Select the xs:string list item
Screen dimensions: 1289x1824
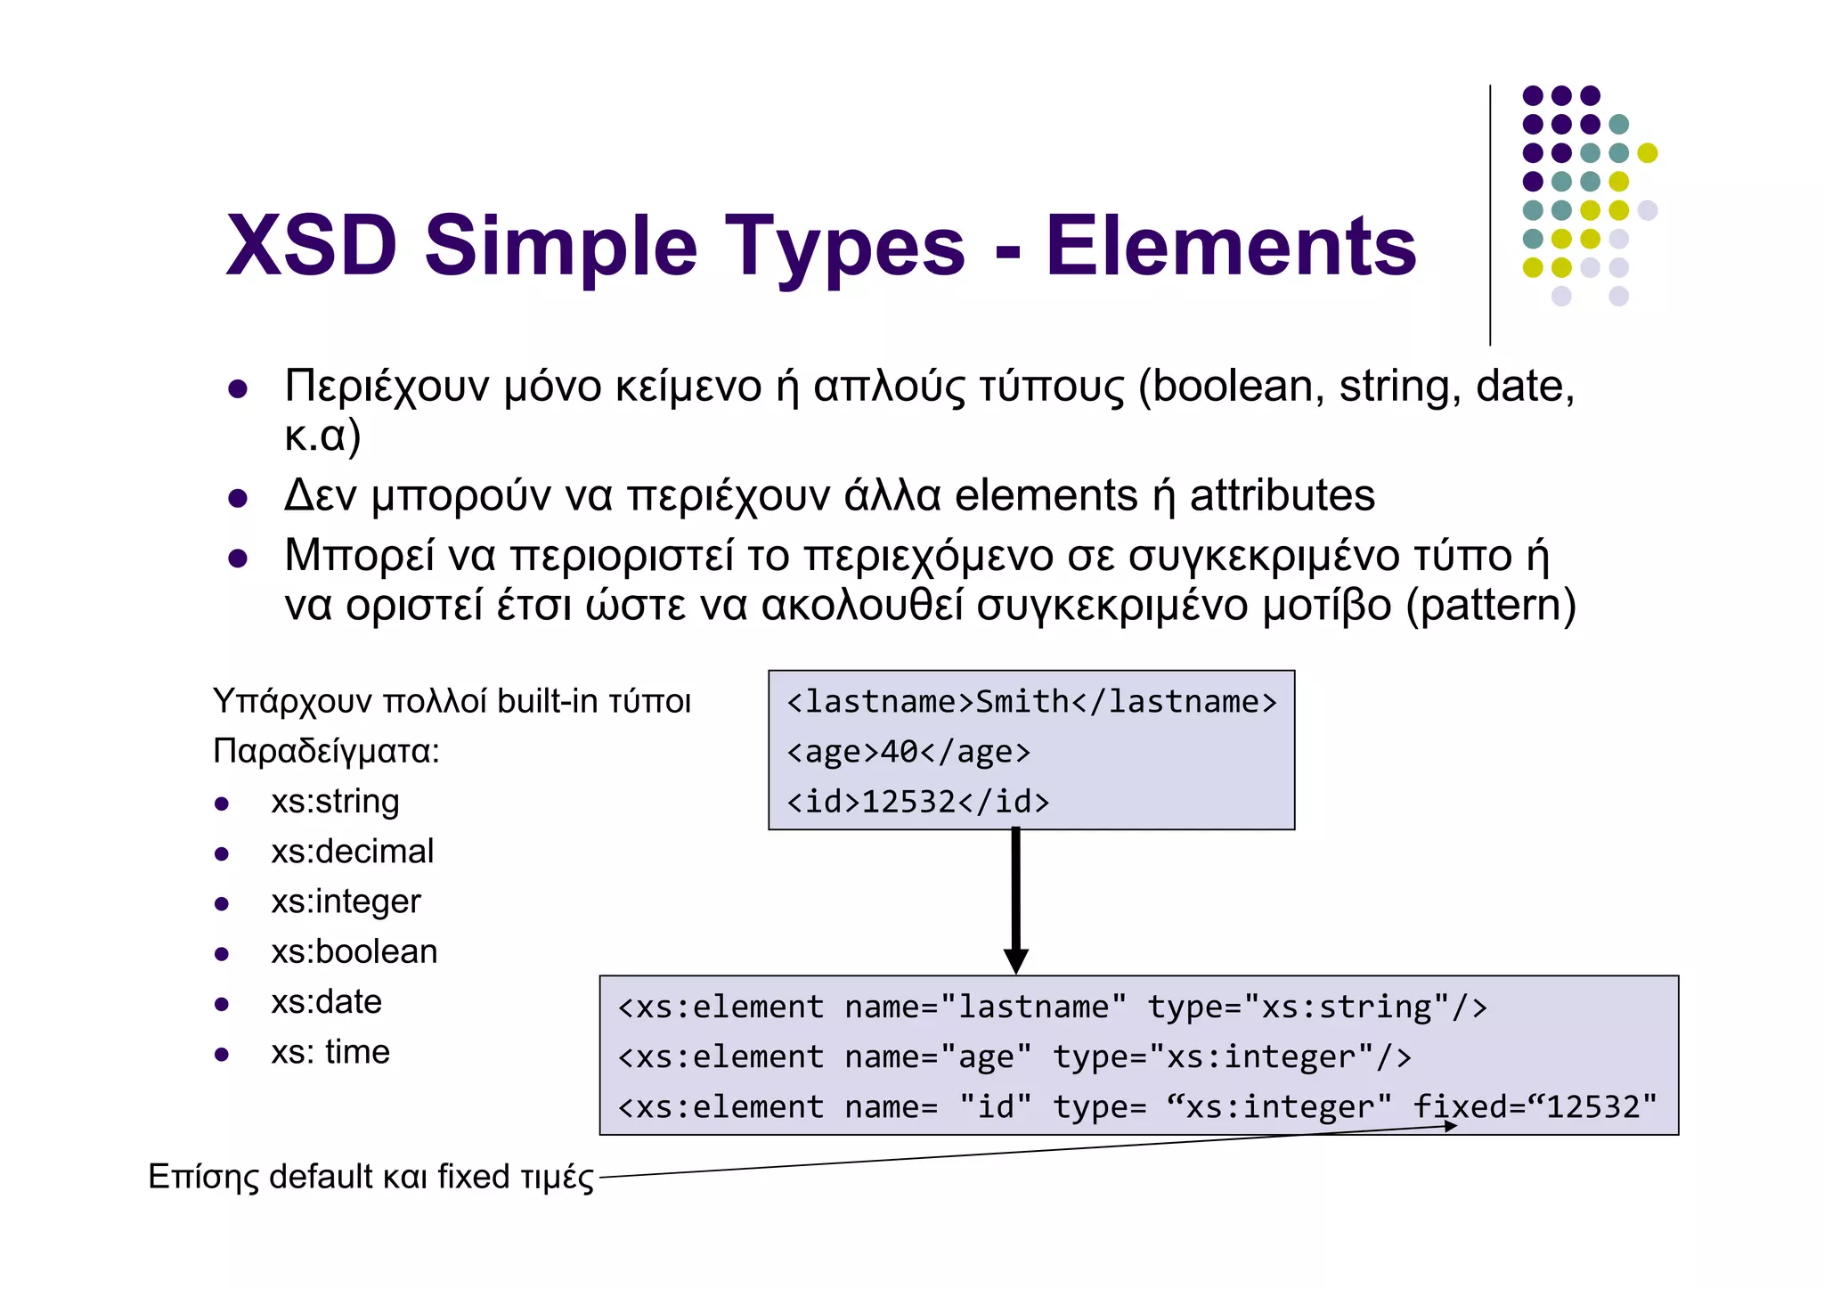point(335,802)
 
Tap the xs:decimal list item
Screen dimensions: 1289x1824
point(352,852)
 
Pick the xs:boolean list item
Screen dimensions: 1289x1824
point(354,952)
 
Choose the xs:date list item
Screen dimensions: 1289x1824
point(326,1002)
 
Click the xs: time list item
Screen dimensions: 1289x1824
point(330,1052)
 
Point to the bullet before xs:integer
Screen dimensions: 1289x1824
point(222,904)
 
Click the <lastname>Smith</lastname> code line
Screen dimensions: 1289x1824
point(1031,702)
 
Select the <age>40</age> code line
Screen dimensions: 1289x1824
point(908,752)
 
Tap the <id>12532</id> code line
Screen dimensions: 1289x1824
point(917,802)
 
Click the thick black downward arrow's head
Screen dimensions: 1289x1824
point(1015,961)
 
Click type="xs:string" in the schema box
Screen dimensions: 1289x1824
point(1317,1008)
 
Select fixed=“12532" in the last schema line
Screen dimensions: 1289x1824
point(1535,1107)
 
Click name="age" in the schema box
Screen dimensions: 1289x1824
point(938,1057)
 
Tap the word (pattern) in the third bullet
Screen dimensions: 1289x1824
point(1491,605)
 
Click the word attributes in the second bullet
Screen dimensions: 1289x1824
point(1282,495)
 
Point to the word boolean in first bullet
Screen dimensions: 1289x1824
point(1232,387)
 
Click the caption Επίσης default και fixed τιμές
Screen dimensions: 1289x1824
point(370,1177)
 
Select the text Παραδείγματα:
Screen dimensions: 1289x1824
point(326,752)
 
